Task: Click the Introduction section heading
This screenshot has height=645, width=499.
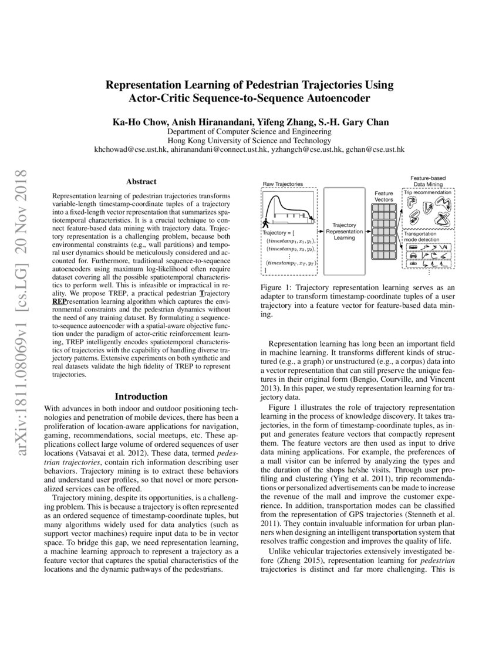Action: pos(141,396)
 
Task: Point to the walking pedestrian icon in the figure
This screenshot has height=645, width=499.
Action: pos(265,223)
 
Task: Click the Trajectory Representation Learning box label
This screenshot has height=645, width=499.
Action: pos(344,231)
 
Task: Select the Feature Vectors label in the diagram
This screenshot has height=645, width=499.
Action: pos(384,196)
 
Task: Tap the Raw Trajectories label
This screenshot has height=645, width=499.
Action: pos(283,184)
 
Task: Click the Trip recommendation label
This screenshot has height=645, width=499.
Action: pos(427,192)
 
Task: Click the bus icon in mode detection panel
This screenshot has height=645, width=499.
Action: pos(413,247)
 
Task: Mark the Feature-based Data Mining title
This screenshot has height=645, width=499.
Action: pos(427,181)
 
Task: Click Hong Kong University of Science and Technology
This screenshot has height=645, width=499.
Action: pos(249,141)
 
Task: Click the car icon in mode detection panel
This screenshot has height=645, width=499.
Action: pos(413,256)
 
